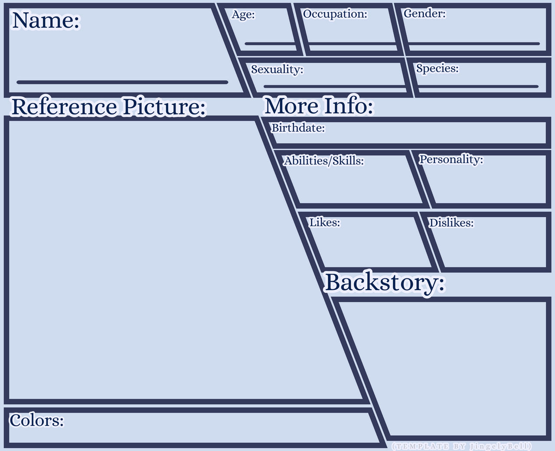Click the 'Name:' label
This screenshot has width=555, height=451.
tap(46, 20)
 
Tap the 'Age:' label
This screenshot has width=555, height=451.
tap(243, 15)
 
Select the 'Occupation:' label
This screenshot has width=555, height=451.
tap(335, 14)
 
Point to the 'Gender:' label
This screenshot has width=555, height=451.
tap(424, 14)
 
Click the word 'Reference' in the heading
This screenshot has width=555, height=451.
tap(64, 107)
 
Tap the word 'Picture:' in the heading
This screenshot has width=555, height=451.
tap(165, 107)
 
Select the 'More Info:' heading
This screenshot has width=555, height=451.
tap(319, 106)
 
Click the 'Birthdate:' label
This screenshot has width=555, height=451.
tap(298, 128)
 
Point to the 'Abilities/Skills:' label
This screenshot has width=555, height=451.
tap(324, 161)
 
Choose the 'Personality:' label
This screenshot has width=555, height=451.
tap(451, 160)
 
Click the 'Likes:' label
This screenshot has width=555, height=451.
tap(325, 222)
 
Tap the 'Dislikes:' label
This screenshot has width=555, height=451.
tap(451, 223)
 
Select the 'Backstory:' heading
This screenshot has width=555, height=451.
tap(385, 282)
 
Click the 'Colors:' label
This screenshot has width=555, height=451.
tap(37, 420)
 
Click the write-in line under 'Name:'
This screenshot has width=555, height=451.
tap(122, 82)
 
